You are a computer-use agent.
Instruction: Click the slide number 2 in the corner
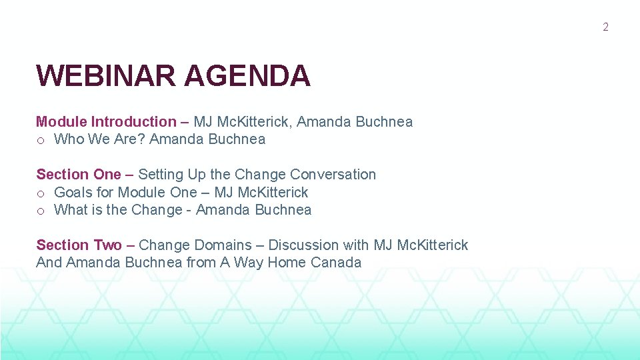pyautogui.click(x=605, y=27)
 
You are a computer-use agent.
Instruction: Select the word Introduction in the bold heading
pyautogui.click(x=133, y=121)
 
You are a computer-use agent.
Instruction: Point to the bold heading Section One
pyautogui.click(x=79, y=174)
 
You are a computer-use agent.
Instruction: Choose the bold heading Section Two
pyautogui.click(x=79, y=245)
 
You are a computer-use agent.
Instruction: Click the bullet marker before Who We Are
pyautogui.click(x=41, y=140)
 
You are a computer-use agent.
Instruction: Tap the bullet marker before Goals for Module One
pyautogui.click(x=41, y=193)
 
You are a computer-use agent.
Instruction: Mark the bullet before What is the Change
pyautogui.click(x=41, y=211)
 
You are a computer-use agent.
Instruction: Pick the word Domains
pyautogui.click(x=223, y=245)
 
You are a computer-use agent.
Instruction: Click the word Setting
pyautogui.click(x=161, y=175)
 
